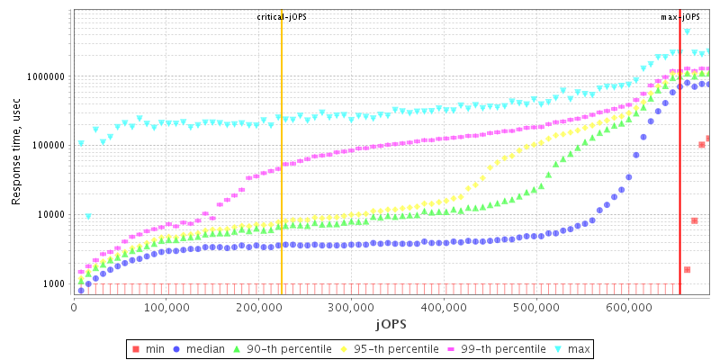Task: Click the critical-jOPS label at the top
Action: click(x=282, y=17)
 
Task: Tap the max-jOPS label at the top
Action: click(x=680, y=17)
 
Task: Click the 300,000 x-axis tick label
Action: click(x=352, y=308)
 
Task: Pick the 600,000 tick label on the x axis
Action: click(x=629, y=308)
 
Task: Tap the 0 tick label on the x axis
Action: click(x=74, y=308)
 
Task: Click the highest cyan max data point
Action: click(x=688, y=31)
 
